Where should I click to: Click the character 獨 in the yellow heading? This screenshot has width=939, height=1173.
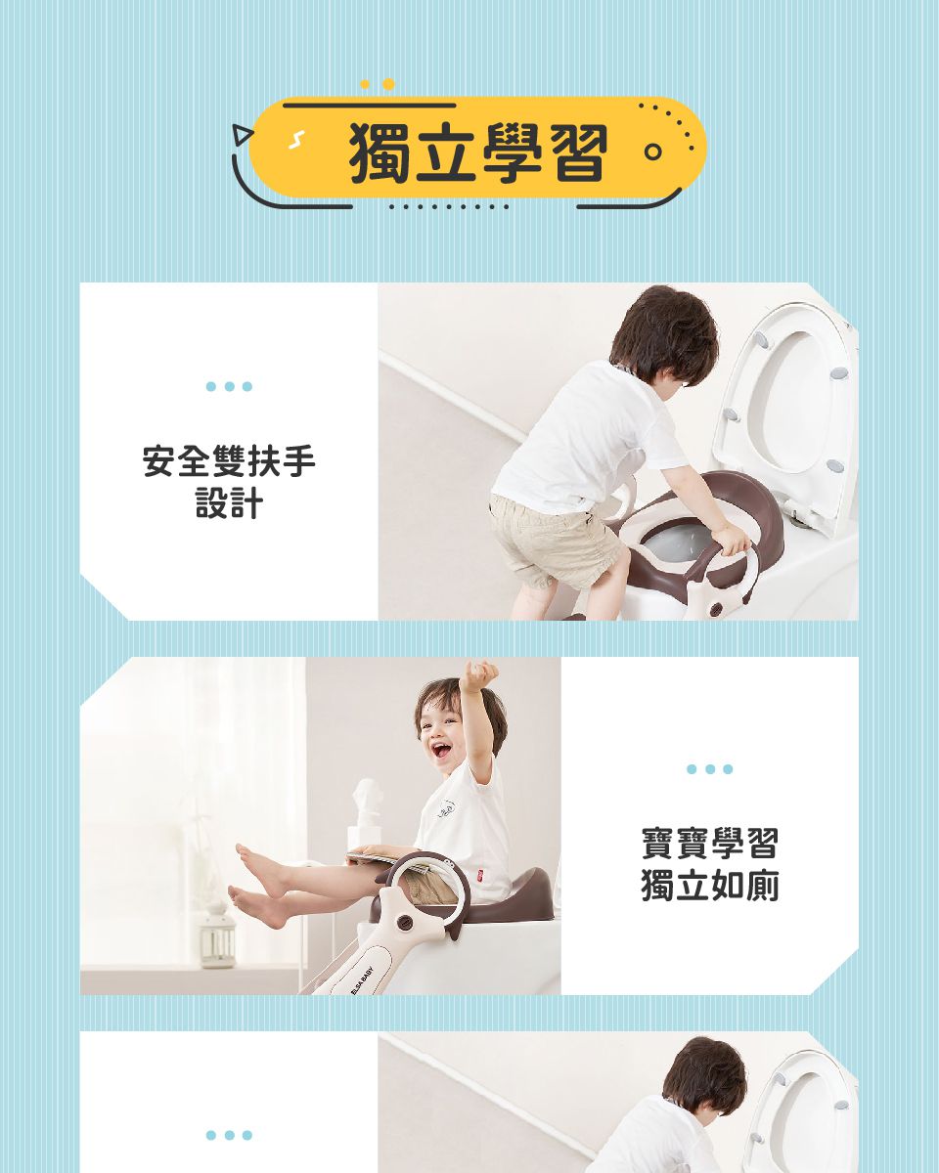pyautogui.click(x=380, y=152)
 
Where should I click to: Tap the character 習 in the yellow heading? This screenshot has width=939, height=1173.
pyautogui.click(x=578, y=152)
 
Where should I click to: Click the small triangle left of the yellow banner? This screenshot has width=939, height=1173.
pyautogui.click(x=241, y=135)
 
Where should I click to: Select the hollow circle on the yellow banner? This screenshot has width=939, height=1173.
pyautogui.click(x=652, y=152)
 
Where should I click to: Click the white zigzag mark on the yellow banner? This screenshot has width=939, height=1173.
pyautogui.click(x=296, y=140)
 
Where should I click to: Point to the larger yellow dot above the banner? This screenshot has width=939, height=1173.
pyautogui.click(x=388, y=84)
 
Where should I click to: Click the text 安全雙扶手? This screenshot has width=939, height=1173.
pyautogui.click(x=229, y=461)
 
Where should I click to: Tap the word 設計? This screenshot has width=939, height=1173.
pyautogui.click(x=229, y=502)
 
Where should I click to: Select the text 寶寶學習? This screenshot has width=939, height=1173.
pyautogui.click(x=709, y=843)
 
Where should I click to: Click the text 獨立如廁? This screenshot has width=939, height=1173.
pyautogui.click(x=709, y=886)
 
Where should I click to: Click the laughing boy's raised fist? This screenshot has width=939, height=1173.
pyautogui.click(x=479, y=673)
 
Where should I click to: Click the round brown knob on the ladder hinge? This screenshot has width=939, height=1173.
pyautogui.click(x=404, y=922)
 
